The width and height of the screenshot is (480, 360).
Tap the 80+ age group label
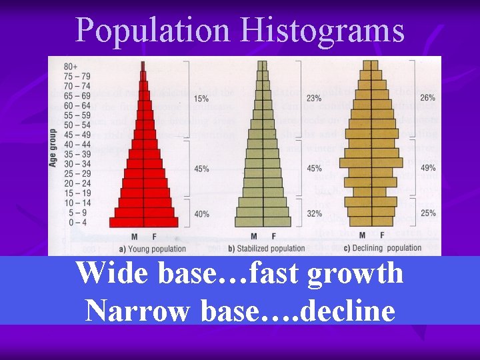(x=69, y=65)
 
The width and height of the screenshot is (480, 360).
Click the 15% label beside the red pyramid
(x=202, y=99)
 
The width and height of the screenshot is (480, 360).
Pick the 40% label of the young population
(x=202, y=214)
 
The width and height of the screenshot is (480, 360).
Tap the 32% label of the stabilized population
(x=313, y=214)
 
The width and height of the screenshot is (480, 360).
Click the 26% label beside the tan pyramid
(x=427, y=97)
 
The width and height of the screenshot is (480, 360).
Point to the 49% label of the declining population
(x=427, y=169)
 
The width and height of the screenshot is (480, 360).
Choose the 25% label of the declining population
(x=427, y=213)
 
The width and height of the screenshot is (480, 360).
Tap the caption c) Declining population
(x=381, y=248)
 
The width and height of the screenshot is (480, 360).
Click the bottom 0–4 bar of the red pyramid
(x=143, y=222)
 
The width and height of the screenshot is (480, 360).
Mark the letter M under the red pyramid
(x=134, y=237)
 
